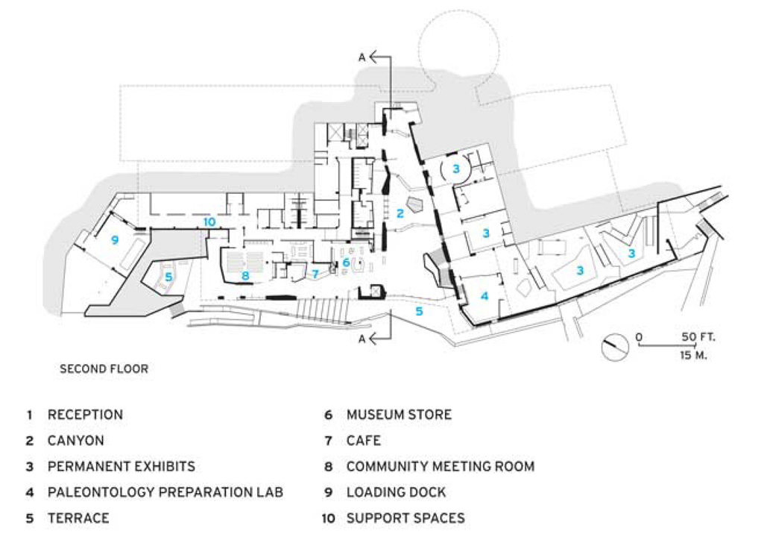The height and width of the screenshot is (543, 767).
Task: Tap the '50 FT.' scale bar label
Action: point(698,337)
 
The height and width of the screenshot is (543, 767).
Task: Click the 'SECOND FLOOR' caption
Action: point(104,368)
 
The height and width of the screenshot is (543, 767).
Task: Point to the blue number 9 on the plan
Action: point(115,239)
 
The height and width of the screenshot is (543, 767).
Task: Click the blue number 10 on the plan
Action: point(209,222)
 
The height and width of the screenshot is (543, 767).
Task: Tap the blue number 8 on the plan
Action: point(244,275)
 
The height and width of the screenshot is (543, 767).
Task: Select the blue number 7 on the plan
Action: point(315,274)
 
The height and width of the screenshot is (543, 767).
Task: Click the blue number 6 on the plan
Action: point(346,263)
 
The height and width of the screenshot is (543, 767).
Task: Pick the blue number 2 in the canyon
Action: point(400,213)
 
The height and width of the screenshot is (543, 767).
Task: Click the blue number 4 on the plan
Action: point(484,296)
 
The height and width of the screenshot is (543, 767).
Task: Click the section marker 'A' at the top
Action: point(362,56)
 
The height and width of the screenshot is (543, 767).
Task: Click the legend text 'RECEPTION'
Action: point(85,415)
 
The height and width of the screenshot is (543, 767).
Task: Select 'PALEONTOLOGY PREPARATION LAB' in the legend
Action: point(165,492)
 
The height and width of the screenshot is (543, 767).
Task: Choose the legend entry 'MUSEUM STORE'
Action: point(399,415)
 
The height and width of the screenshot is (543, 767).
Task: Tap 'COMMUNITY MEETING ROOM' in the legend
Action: point(440,467)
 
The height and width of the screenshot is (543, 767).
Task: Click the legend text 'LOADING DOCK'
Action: point(396,492)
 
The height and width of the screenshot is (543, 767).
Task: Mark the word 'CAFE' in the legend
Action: point(364,441)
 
